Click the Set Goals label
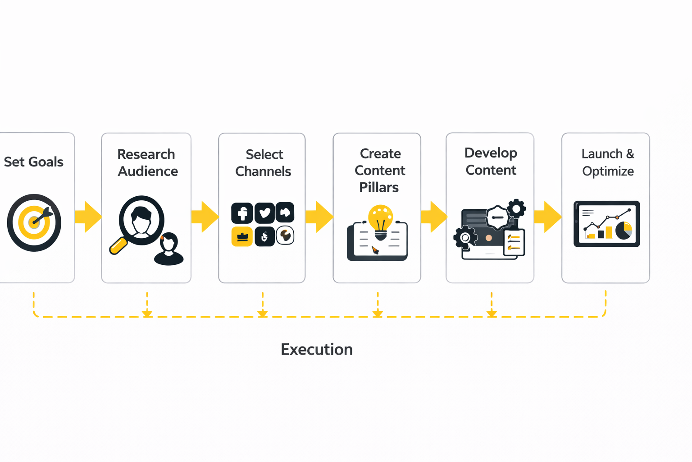click(x=33, y=162)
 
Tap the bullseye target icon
click(x=34, y=222)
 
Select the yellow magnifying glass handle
click(x=118, y=246)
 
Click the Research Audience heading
click(x=147, y=162)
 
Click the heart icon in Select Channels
click(x=264, y=213)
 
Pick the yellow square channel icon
click(x=242, y=236)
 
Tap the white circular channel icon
click(x=285, y=236)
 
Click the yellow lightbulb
click(x=381, y=219)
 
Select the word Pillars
click(x=379, y=187)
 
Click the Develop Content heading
click(x=491, y=161)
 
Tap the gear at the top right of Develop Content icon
click(x=516, y=208)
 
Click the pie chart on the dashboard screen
click(x=624, y=230)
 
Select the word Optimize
click(x=608, y=171)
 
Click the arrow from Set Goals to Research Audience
click(x=88, y=217)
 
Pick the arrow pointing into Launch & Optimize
click(x=547, y=217)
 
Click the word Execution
click(x=317, y=349)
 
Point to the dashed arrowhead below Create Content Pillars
click(x=378, y=313)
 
